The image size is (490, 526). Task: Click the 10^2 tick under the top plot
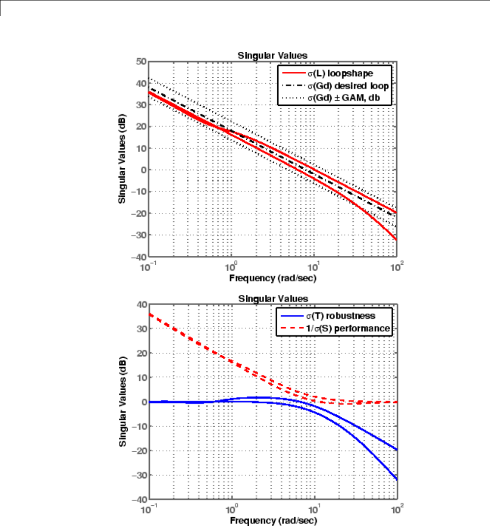tap(396, 266)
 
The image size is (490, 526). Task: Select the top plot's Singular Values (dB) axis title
tap(121, 158)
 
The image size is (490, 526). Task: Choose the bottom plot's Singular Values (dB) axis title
tap(121, 402)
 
